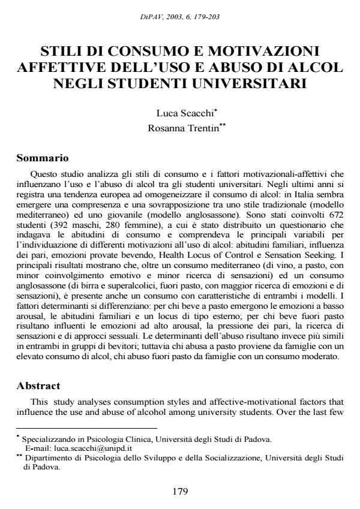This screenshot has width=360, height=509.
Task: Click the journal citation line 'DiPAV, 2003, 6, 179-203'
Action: [180, 16]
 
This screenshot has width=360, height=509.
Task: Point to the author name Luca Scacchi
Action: [178, 112]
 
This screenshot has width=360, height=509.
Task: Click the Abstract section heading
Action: [39, 386]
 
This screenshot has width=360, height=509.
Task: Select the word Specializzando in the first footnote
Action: [47, 440]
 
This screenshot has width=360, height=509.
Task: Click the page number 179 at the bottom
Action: [180, 492]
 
